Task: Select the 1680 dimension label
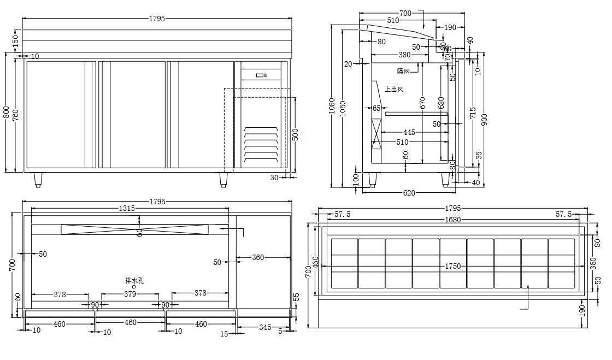click(453, 220)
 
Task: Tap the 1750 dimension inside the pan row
click(453, 267)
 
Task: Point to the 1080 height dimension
click(332, 105)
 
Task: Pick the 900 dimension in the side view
click(484, 119)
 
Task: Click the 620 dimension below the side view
click(409, 192)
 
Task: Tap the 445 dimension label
click(409, 133)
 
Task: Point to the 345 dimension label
click(265, 327)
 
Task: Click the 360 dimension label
click(257, 257)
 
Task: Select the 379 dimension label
click(130, 294)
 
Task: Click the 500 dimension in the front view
click(295, 134)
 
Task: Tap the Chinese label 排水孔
click(134, 281)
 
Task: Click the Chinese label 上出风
click(394, 89)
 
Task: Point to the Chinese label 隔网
click(403, 72)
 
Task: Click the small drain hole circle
click(134, 287)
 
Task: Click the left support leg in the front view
click(38, 180)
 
